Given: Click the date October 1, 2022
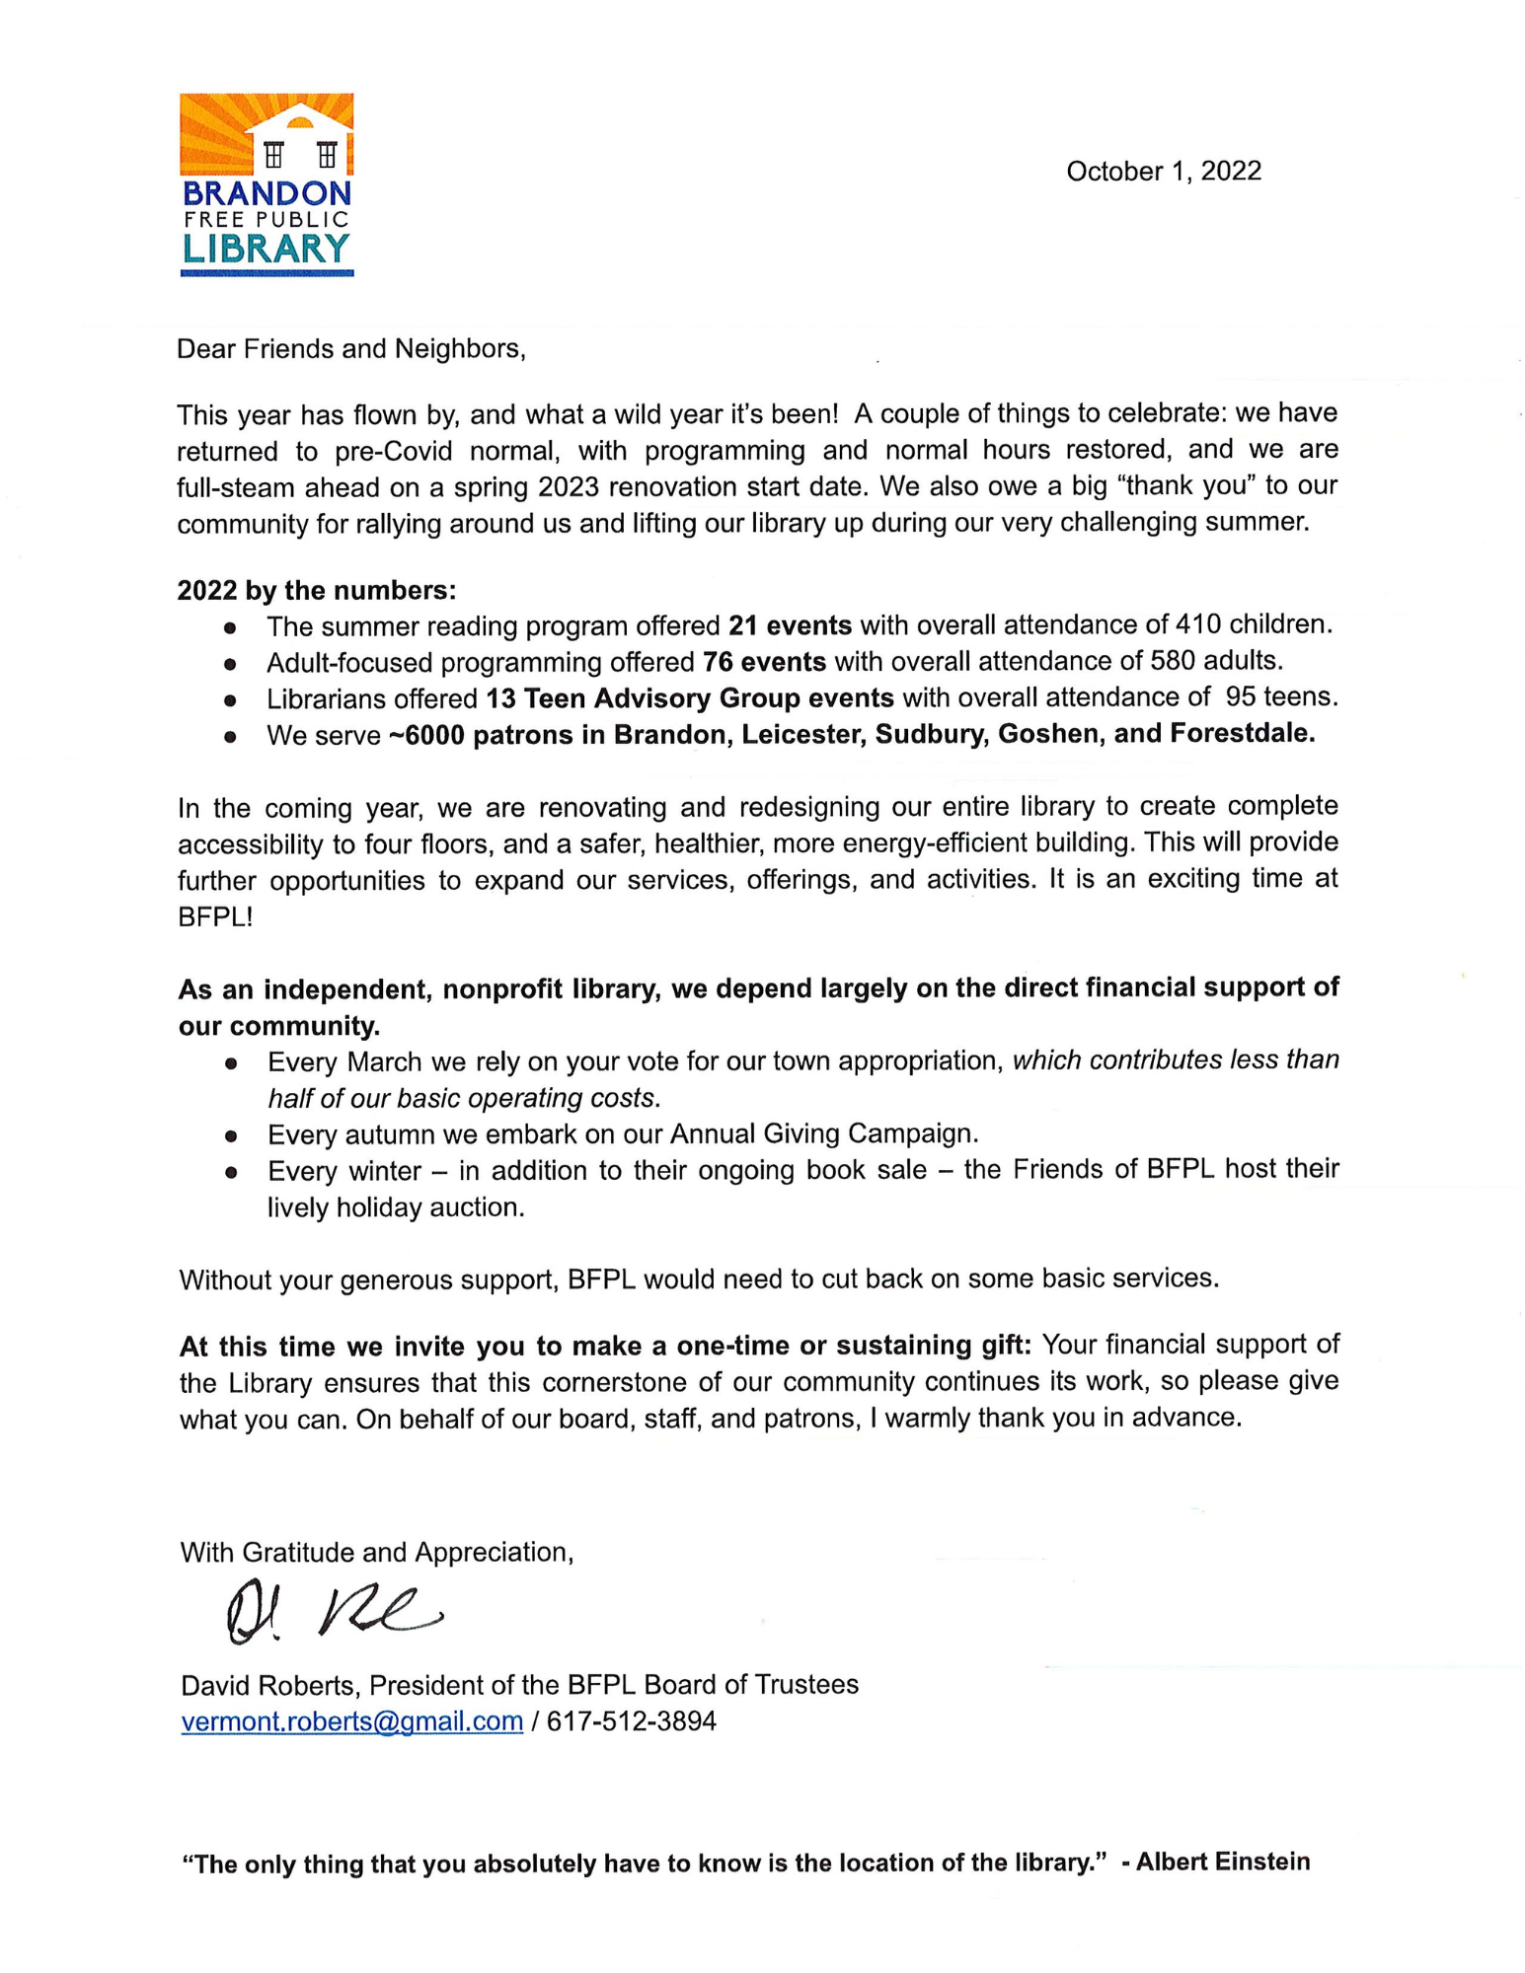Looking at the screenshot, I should tap(1163, 172).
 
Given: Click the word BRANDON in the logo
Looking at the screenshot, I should tap(267, 193).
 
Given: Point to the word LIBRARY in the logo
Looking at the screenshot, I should tap(267, 249).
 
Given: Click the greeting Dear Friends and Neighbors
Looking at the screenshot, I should tap(350, 349).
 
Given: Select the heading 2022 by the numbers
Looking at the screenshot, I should tap(317, 590).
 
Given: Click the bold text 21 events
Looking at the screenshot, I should tap(790, 625).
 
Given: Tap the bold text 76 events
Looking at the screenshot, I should tap(764, 661).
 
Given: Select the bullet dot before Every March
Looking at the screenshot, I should tap(231, 1063).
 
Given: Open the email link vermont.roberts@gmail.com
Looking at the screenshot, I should tap(351, 1721).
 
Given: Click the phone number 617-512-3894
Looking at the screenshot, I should tap(631, 1721).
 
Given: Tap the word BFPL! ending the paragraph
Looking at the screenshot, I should tap(215, 916).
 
